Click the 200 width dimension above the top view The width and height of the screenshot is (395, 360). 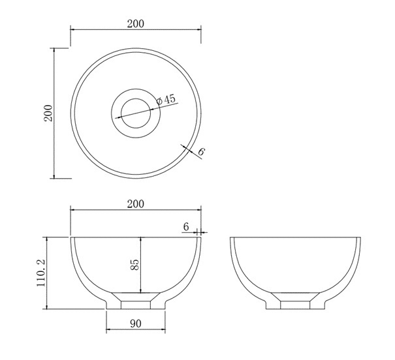(x=136, y=24)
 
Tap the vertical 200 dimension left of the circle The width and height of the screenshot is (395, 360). (x=48, y=113)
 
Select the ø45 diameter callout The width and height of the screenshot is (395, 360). (x=166, y=100)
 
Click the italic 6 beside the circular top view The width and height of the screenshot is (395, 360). (x=201, y=152)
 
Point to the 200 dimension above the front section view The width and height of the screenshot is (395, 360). (x=136, y=203)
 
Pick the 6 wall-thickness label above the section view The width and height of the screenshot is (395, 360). (x=186, y=227)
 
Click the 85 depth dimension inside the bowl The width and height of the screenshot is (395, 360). (x=134, y=264)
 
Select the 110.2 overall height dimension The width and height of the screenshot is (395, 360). (x=40, y=273)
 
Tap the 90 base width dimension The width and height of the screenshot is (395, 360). (x=136, y=323)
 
